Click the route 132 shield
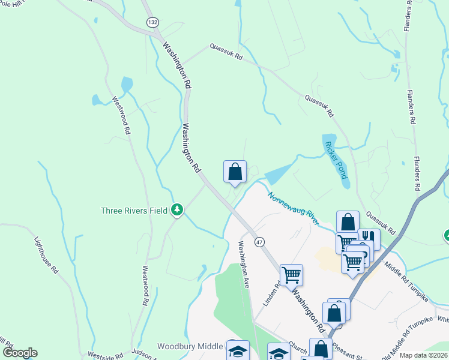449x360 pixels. coord(153,22)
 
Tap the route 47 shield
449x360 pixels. coord(259,241)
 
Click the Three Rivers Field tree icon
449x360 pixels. coord(177,210)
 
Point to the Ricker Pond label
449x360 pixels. coord(335,160)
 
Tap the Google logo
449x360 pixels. coord(20,353)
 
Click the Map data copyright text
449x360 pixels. coord(424,355)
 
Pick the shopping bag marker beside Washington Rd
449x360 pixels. coord(235,172)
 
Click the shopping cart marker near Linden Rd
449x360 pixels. coord(291,275)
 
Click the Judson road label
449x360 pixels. coord(143,354)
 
